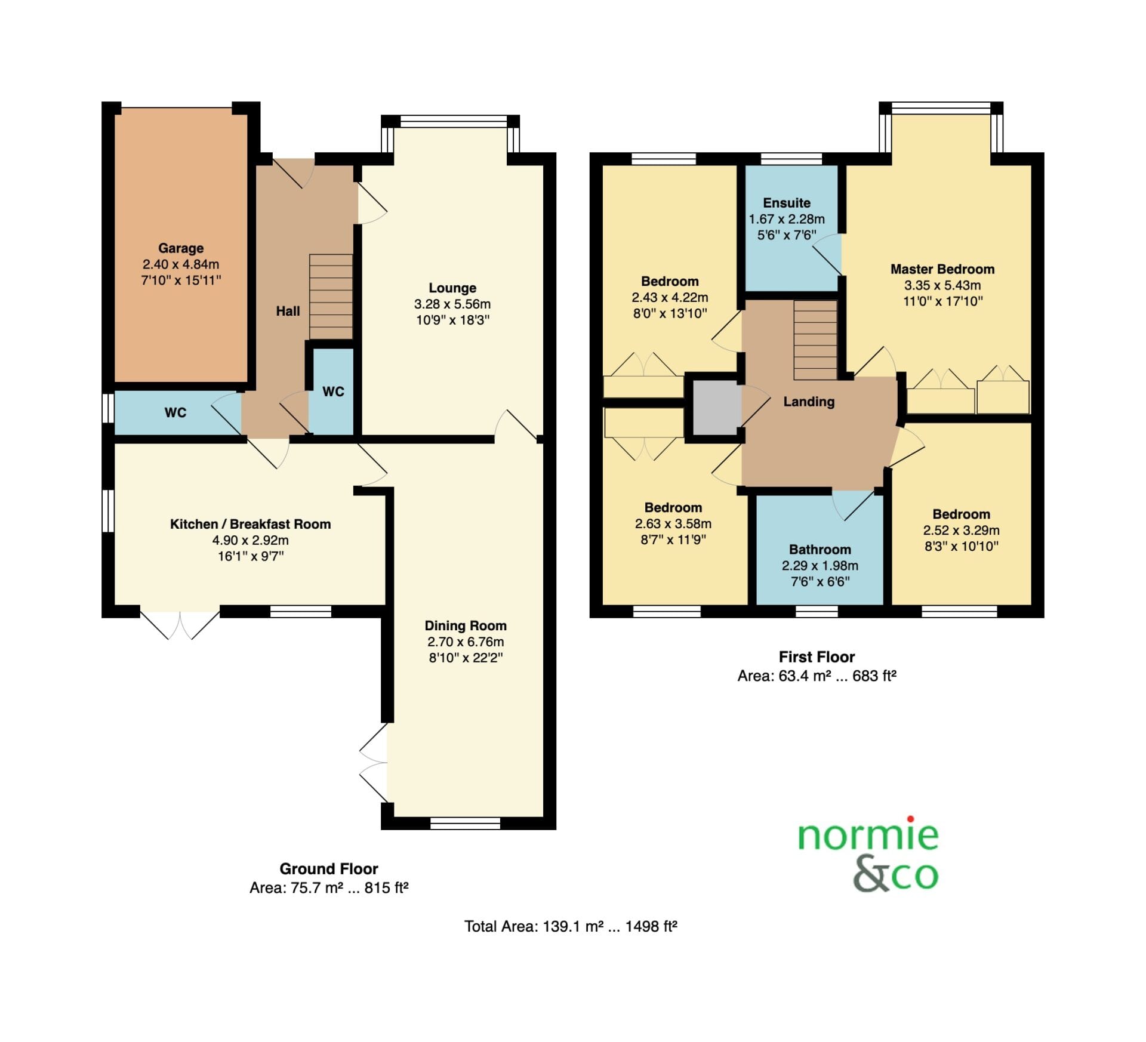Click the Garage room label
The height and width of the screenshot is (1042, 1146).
181,248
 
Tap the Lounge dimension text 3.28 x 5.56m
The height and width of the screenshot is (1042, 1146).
452,304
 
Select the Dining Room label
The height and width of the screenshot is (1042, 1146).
466,625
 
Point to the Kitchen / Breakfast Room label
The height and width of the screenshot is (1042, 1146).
251,524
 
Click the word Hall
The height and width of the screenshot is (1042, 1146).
288,311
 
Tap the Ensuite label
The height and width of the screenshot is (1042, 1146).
787,203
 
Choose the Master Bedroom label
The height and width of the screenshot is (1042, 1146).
942,269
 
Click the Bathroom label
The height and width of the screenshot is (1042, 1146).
820,550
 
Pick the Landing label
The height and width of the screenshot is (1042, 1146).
809,402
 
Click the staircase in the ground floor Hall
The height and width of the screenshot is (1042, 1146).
331,297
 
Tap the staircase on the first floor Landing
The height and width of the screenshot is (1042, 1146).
815,340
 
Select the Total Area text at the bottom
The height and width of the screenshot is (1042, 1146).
571,926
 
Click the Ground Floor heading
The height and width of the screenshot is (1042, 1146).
329,869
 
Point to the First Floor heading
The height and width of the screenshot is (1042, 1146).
817,657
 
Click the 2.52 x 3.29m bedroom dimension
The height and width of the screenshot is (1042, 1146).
961,530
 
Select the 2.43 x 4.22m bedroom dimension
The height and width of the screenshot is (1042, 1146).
670,297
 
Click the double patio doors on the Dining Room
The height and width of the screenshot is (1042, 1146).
374,763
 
